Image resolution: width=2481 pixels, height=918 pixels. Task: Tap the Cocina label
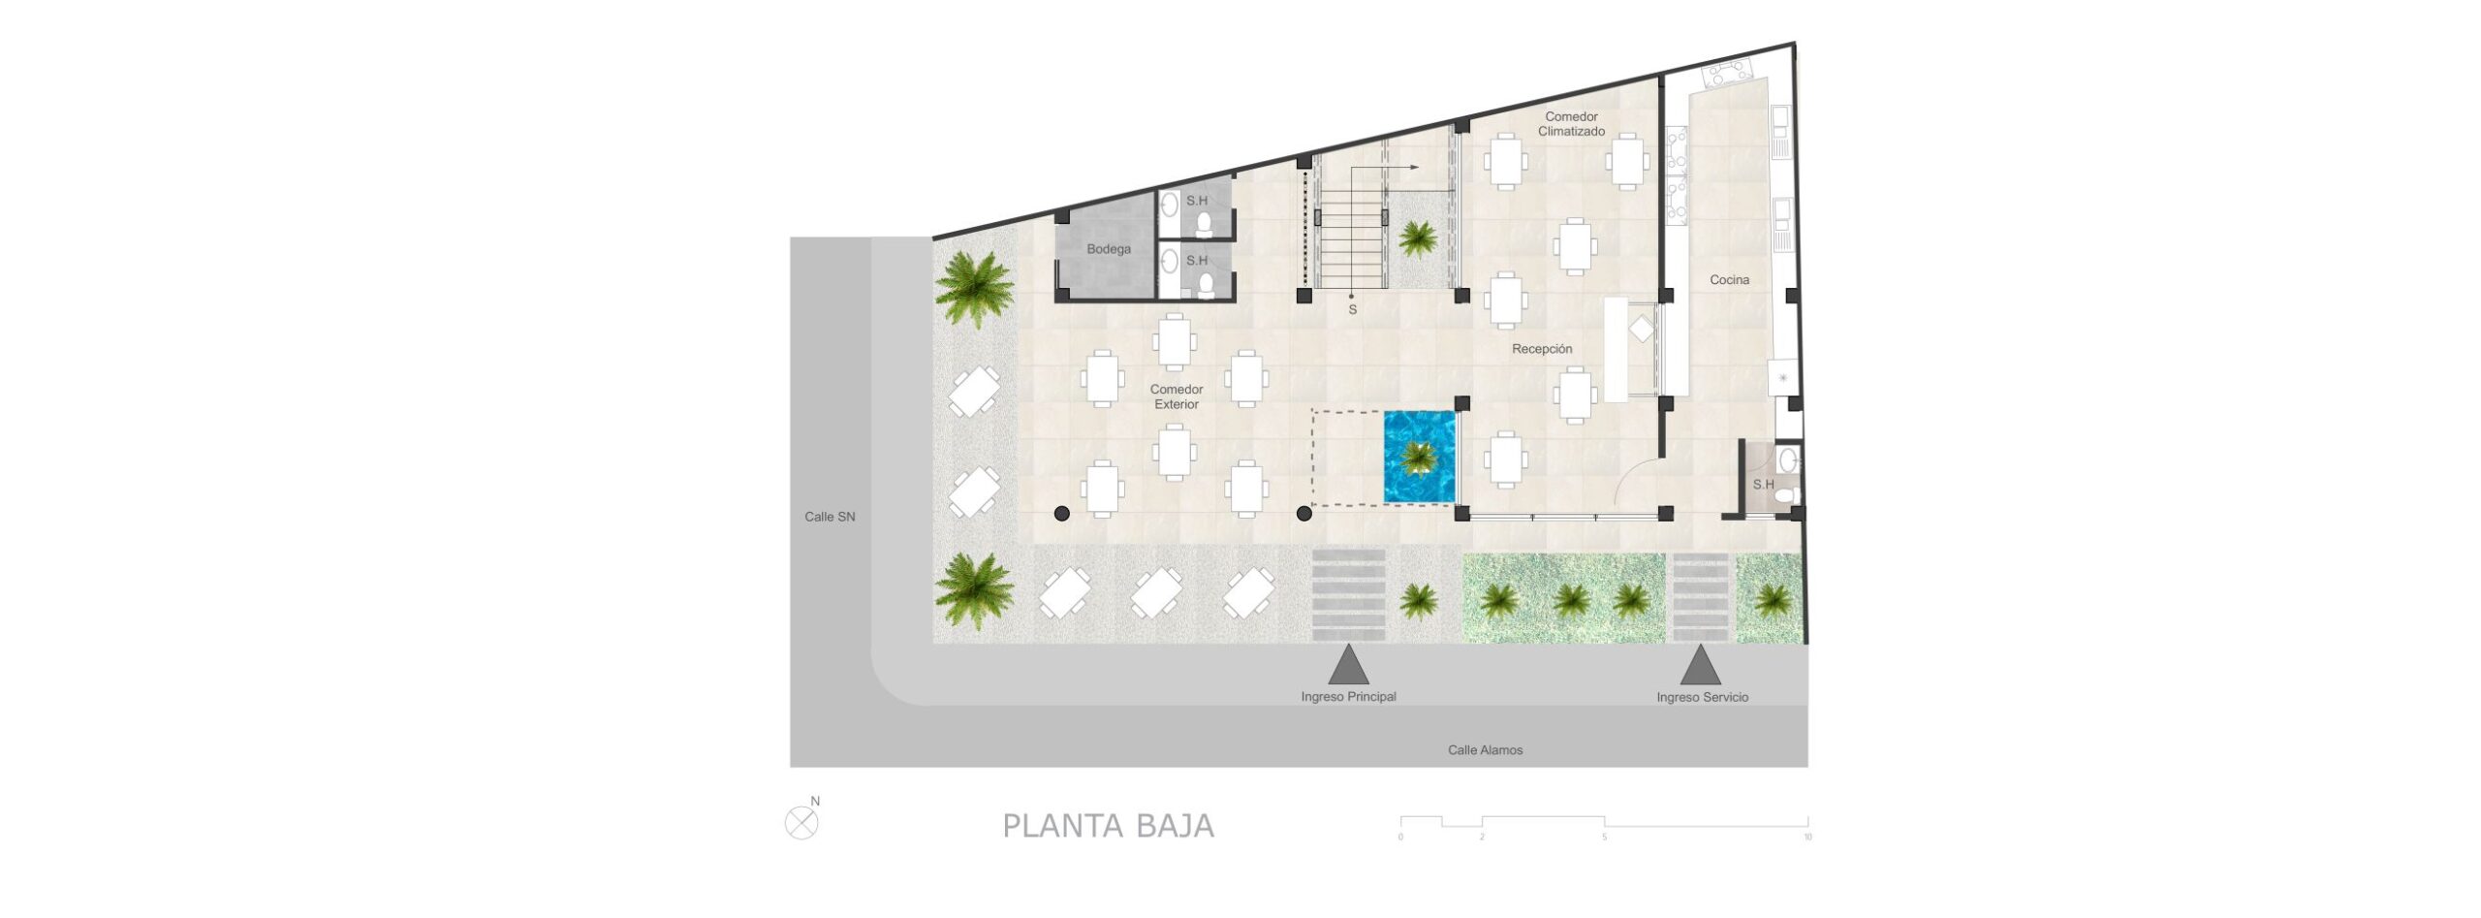point(1729,280)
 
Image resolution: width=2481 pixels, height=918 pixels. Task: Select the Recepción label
point(1542,349)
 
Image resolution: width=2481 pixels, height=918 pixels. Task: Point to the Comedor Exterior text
point(1177,396)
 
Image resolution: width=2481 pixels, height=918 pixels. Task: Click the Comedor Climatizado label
point(1571,124)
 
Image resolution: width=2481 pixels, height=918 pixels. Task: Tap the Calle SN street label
point(830,517)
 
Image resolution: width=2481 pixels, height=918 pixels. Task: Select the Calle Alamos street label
point(1485,750)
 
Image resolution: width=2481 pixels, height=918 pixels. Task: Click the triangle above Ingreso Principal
point(1348,666)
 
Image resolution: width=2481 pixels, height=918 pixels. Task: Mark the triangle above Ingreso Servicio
point(1700,666)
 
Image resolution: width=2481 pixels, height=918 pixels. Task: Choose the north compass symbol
point(801,823)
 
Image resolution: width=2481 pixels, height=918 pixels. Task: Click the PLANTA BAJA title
point(1108,826)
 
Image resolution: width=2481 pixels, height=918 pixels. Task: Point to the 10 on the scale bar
point(1807,838)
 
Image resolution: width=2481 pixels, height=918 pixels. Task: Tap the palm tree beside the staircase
point(1418,238)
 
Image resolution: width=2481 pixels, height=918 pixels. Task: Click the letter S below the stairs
point(1353,310)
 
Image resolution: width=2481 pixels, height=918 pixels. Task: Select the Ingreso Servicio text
point(1702,698)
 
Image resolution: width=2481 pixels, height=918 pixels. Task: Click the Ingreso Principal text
point(1348,697)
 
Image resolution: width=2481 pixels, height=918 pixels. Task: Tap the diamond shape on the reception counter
point(1642,330)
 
